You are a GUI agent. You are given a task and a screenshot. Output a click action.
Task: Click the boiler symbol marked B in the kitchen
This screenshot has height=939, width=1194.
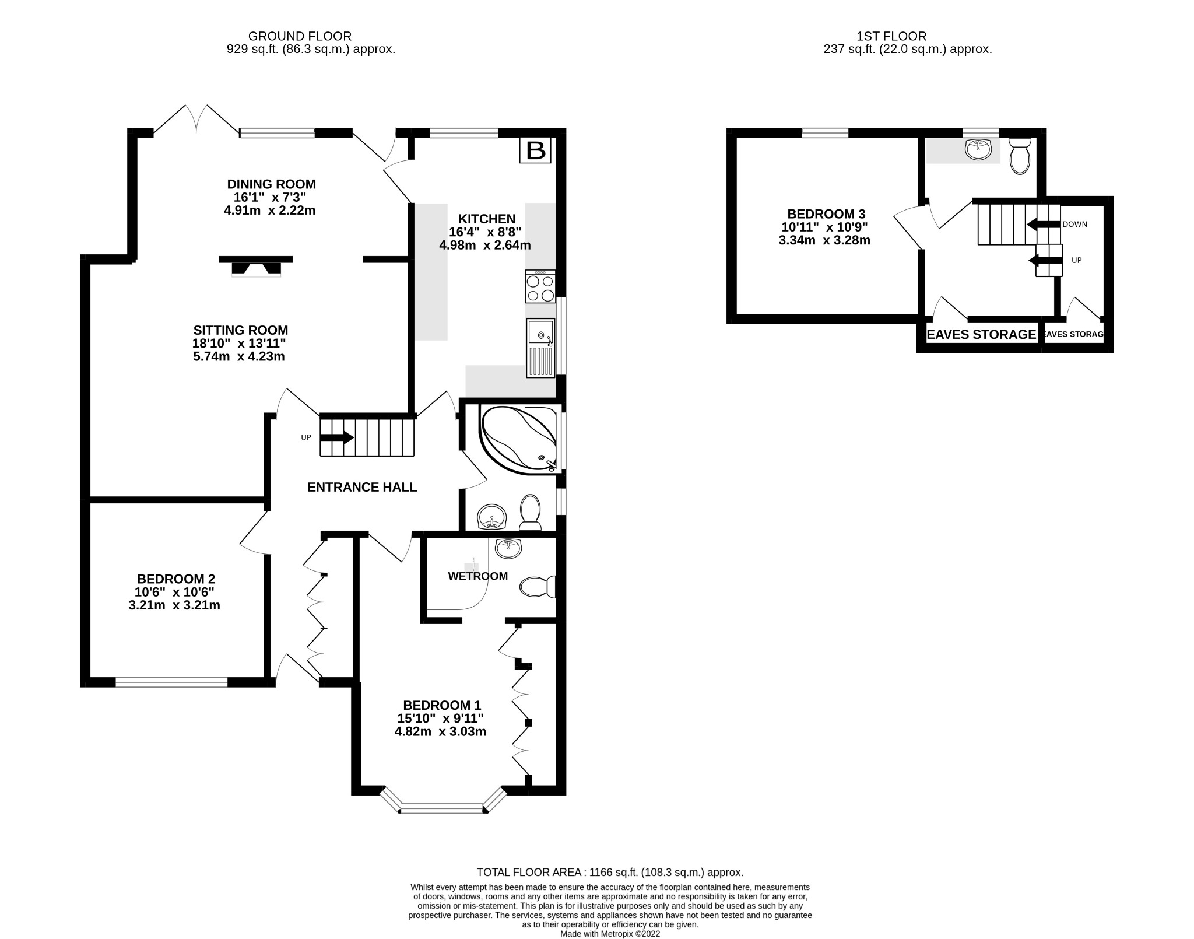(535, 150)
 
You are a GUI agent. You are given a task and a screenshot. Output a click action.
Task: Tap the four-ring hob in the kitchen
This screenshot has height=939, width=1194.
(540, 286)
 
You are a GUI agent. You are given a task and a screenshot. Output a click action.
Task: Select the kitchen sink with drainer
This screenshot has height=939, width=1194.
(540, 348)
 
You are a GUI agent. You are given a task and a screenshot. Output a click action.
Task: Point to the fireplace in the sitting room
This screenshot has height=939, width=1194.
(255, 266)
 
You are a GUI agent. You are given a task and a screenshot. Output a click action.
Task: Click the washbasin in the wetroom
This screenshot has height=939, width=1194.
(508, 548)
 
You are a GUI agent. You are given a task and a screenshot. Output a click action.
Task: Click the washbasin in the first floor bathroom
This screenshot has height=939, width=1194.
(978, 149)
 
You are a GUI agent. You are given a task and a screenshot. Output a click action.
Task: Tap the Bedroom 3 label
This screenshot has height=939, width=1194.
(826, 213)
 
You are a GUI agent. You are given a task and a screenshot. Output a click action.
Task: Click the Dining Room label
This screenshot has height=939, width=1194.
(271, 184)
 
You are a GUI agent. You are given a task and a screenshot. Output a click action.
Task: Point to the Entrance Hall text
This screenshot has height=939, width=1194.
(362, 487)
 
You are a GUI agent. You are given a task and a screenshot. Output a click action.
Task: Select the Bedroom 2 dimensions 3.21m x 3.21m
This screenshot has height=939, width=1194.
(174, 605)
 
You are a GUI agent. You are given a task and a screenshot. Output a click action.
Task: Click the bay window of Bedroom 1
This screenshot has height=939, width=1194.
(442, 808)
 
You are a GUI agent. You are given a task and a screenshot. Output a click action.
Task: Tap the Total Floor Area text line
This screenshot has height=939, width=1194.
(610, 889)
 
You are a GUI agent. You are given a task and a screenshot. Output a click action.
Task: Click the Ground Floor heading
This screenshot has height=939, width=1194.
(300, 36)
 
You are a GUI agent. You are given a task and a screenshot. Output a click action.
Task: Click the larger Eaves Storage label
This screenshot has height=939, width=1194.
(981, 334)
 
